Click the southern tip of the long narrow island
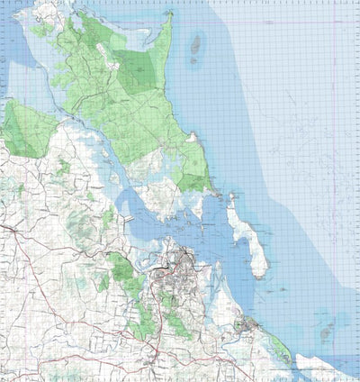(261, 273)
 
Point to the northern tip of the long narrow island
(230, 200)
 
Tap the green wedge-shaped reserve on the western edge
(22, 131)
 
